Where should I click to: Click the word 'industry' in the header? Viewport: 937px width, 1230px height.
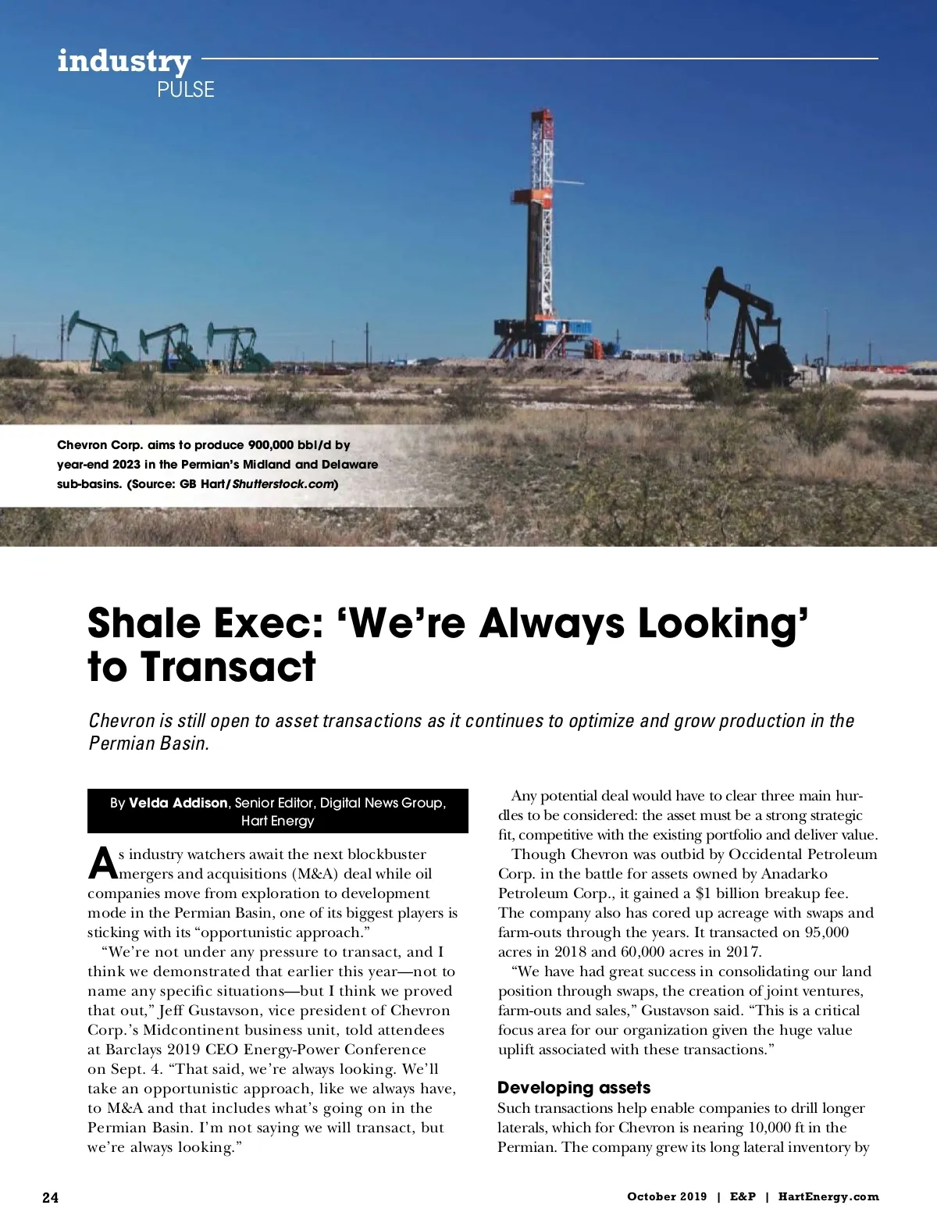coord(123,62)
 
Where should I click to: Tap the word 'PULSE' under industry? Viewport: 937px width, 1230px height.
coord(185,90)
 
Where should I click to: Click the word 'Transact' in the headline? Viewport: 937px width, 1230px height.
coord(228,667)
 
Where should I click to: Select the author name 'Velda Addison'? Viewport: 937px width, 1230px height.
coord(178,803)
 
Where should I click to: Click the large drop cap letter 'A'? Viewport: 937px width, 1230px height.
coord(103,862)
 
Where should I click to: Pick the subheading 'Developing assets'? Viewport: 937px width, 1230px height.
coord(574,1088)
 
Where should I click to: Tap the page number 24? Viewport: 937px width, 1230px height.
coord(50,1198)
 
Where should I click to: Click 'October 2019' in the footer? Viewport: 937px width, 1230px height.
coord(667,1197)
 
